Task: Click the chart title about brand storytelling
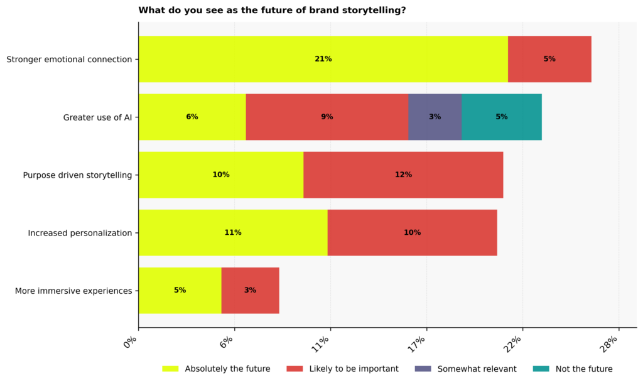[x=272, y=10]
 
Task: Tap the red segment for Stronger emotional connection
[x=549, y=59]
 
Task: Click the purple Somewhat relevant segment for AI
[x=435, y=117]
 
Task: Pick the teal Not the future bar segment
[x=501, y=117]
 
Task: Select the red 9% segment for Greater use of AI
[x=327, y=117]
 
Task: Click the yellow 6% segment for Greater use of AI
[x=192, y=117]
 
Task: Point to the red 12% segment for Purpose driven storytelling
[x=403, y=175]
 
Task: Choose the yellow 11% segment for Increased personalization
[x=233, y=232]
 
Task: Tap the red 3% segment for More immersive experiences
[x=250, y=290]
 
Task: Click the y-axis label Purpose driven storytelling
[x=77, y=175]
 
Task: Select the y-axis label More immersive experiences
[x=73, y=291]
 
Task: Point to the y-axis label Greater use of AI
[x=97, y=117]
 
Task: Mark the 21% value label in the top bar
[x=323, y=59]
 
